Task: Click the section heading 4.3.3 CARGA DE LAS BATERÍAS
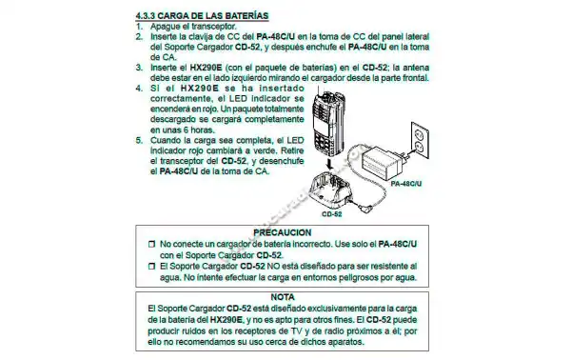(x=202, y=15)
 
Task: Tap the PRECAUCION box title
(x=283, y=232)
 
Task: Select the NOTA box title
(x=283, y=297)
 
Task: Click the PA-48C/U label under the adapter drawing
(x=406, y=184)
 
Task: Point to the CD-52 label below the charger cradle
(x=332, y=214)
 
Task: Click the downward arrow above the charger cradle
(x=330, y=163)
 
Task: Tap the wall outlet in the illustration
(x=420, y=140)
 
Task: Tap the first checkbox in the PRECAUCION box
(x=152, y=244)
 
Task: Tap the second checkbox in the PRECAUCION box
(x=152, y=267)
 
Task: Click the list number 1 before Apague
(x=139, y=27)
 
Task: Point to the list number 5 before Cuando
(x=139, y=140)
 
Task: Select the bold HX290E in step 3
(x=206, y=68)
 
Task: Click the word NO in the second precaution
(x=273, y=267)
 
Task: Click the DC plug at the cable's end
(x=362, y=208)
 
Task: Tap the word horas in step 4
(x=203, y=130)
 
